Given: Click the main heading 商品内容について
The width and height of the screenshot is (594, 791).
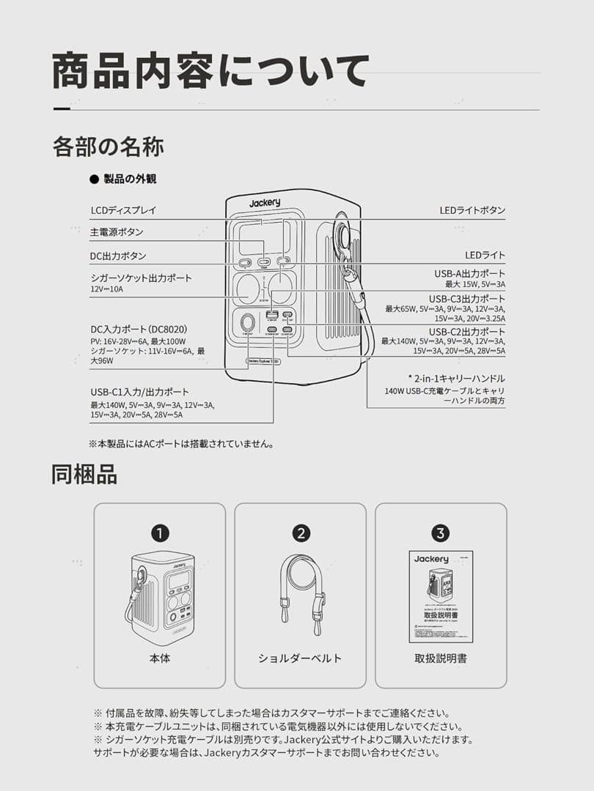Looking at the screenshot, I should click(x=210, y=72).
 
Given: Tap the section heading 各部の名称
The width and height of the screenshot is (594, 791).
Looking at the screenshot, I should click(x=108, y=146).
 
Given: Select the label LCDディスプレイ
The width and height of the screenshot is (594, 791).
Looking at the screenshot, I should click(x=123, y=210).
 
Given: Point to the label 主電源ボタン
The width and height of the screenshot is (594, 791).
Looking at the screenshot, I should click(x=117, y=232).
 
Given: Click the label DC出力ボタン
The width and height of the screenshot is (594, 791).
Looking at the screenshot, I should click(x=118, y=256).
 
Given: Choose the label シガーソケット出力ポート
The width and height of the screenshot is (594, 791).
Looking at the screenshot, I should click(x=141, y=278).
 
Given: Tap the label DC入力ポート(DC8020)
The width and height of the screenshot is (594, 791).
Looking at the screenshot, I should click(x=139, y=330).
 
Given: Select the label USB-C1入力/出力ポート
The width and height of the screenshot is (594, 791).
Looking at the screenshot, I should click(x=139, y=392).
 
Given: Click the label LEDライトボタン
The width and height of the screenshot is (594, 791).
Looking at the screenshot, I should click(x=472, y=210).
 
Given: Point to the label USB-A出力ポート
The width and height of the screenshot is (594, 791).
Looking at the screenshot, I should click(x=469, y=273).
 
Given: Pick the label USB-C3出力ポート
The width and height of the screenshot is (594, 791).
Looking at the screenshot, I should click(x=467, y=298).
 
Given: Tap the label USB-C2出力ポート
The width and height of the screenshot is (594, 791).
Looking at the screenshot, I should click(x=467, y=331).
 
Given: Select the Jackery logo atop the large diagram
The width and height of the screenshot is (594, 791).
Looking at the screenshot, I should click(x=264, y=203).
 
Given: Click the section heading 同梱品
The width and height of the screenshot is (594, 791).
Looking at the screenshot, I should click(x=84, y=474).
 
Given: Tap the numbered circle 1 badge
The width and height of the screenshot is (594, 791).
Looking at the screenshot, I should click(x=160, y=533).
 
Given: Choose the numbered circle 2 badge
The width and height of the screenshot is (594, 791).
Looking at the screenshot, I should click(x=301, y=533).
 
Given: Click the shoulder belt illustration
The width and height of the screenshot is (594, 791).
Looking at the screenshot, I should click(x=301, y=593).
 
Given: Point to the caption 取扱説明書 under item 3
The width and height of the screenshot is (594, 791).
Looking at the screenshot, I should click(x=441, y=658).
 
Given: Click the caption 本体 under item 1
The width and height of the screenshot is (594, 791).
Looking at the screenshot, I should click(x=160, y=658).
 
